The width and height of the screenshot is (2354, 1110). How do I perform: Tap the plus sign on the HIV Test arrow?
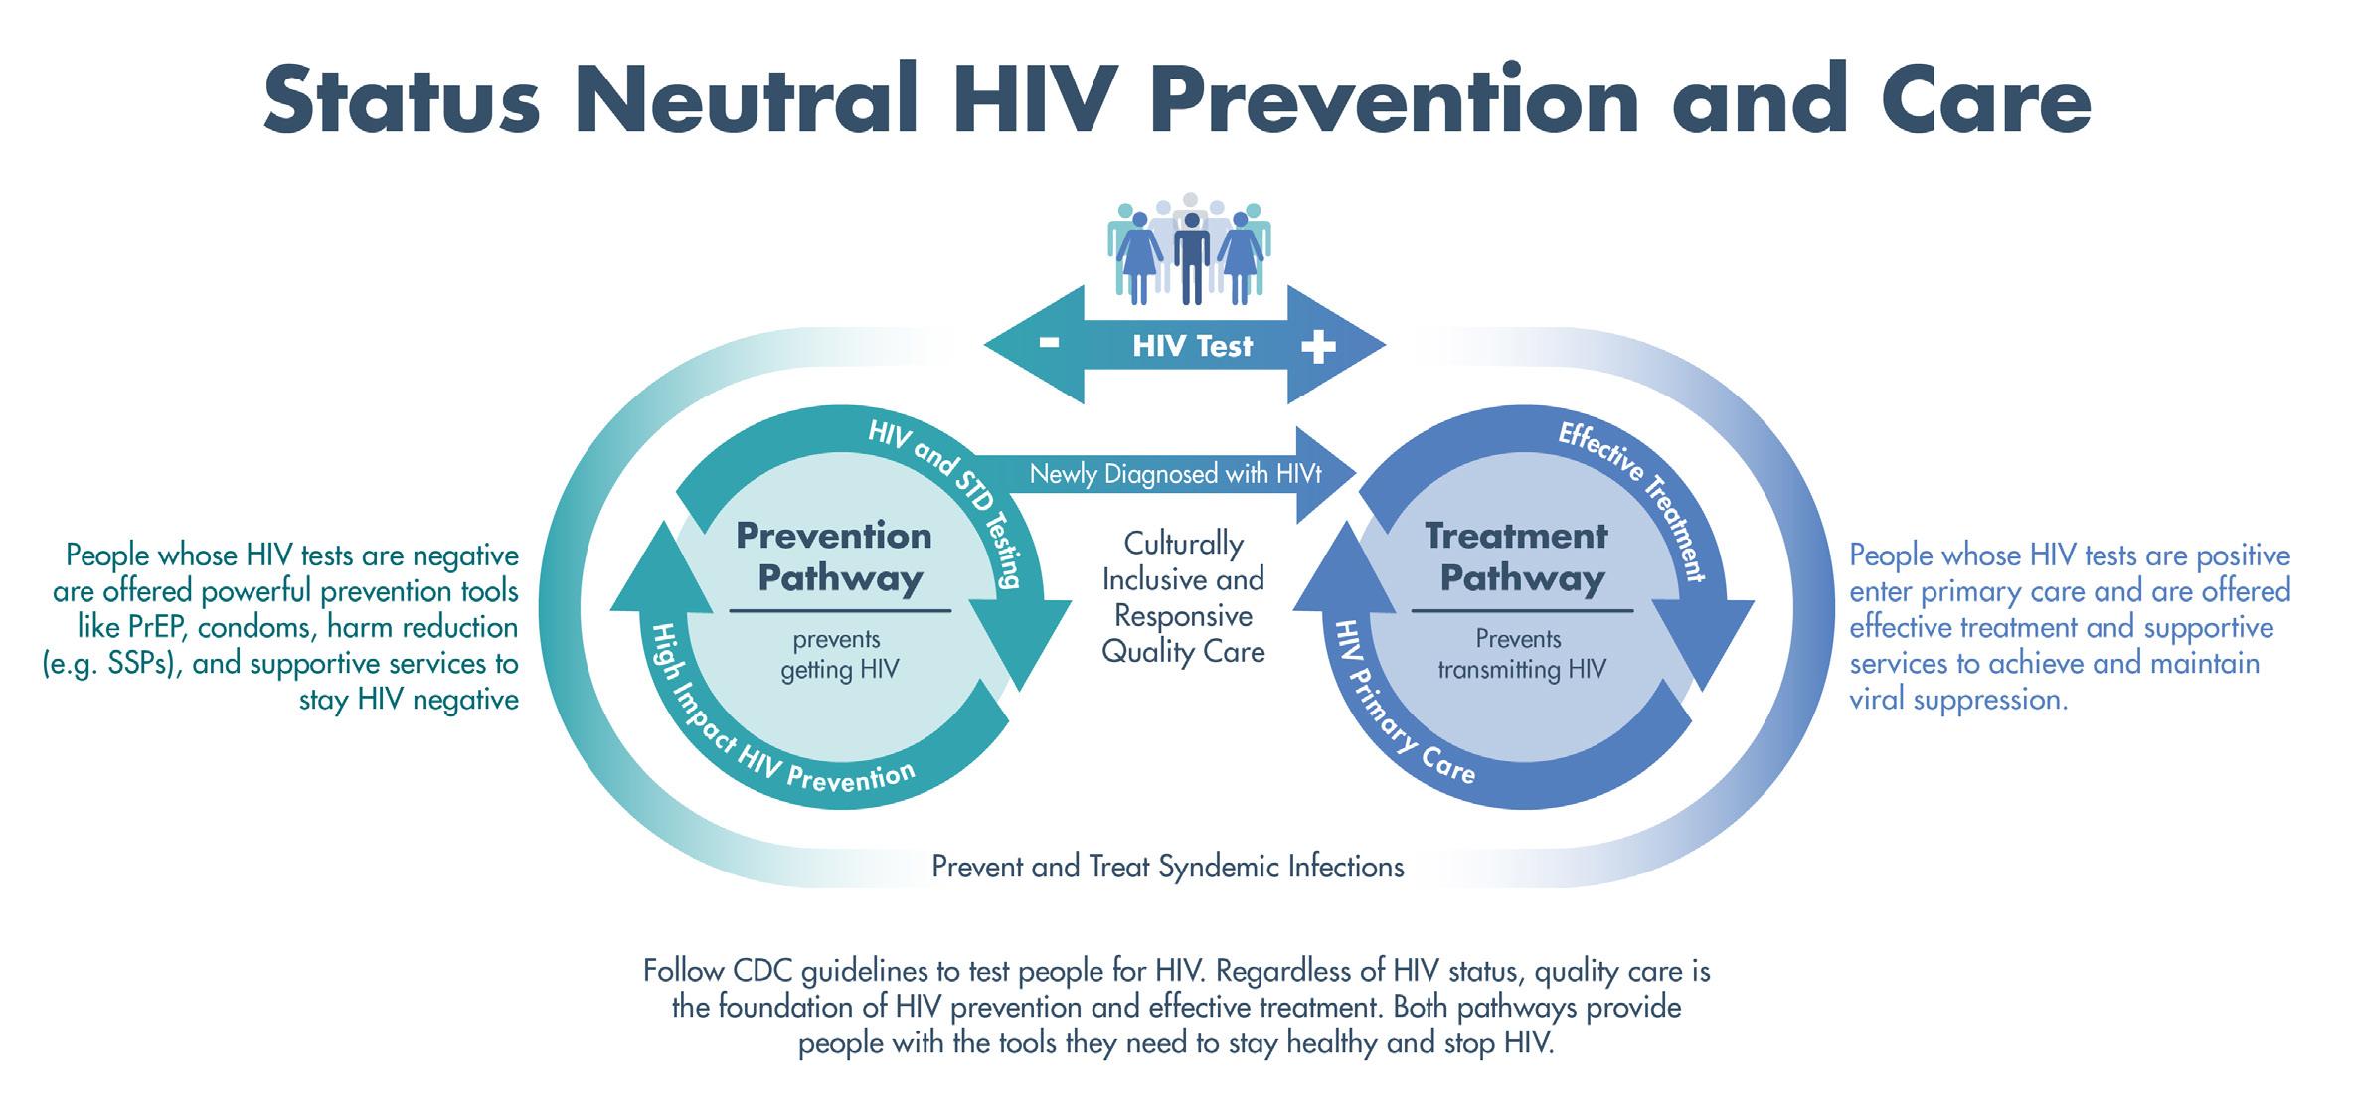pos(1318,346)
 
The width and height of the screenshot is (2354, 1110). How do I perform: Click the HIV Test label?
pos(1192,346)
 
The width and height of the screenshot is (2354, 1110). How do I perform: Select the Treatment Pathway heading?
pos(1518,556)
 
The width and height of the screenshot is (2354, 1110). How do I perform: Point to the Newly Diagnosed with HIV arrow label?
pos(1175,474)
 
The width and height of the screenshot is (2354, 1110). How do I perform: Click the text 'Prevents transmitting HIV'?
pos(1520,654)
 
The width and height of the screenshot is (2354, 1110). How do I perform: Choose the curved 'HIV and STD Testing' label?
pos(950,501)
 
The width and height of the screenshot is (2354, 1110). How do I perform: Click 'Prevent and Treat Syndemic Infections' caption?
pos(1167,867)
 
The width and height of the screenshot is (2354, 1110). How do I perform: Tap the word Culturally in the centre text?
pos(1183,544)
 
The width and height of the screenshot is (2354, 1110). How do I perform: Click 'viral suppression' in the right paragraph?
pos(1957,700)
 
